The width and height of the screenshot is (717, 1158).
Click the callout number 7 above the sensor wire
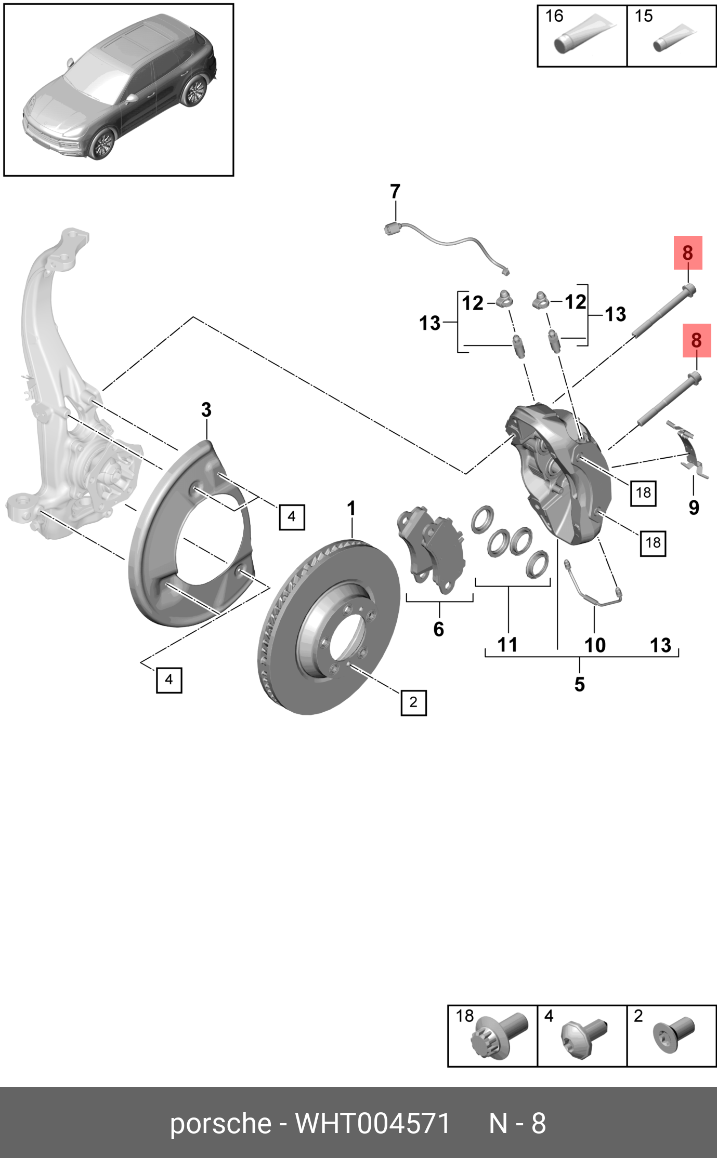(x=395, y=192)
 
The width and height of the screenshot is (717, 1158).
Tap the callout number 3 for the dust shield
(x=206, y=410)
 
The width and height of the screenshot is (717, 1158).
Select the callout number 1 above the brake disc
(x=351, y=508)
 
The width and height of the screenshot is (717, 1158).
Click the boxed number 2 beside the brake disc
(x=413, y=702)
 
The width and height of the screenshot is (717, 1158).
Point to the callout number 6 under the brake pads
(x=439, y=629)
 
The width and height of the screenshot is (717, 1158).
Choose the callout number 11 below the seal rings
(x=507, y=645)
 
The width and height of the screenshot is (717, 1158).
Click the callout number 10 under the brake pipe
(x=595, y=645)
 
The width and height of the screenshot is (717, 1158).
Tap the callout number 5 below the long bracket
(x=580, y=684)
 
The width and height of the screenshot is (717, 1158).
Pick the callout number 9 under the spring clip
(x=694, y=508)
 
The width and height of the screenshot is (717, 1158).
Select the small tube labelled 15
(x=674, y=39)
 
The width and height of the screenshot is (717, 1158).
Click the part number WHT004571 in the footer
(x=372, y=1124)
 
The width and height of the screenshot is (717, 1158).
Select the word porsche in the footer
(x=220, y=1124)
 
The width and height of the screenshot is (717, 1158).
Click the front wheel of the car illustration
(x=102, y=144)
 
